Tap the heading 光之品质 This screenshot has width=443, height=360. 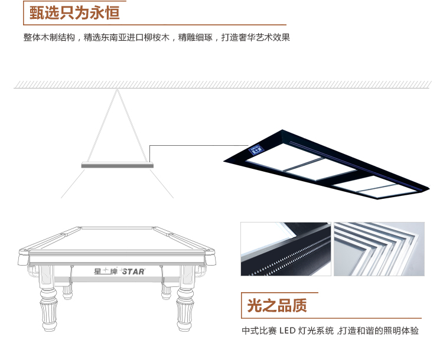pos(277,306)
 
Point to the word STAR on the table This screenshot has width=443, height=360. pos(133,272)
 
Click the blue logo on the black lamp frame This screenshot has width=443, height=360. pos(257,150)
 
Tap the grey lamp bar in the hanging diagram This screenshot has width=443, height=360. pos(117,165)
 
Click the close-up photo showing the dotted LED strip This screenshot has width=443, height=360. pos(285,249)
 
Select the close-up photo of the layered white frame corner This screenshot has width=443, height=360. pos(379,249)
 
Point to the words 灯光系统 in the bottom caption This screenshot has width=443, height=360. pos(320,330)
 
